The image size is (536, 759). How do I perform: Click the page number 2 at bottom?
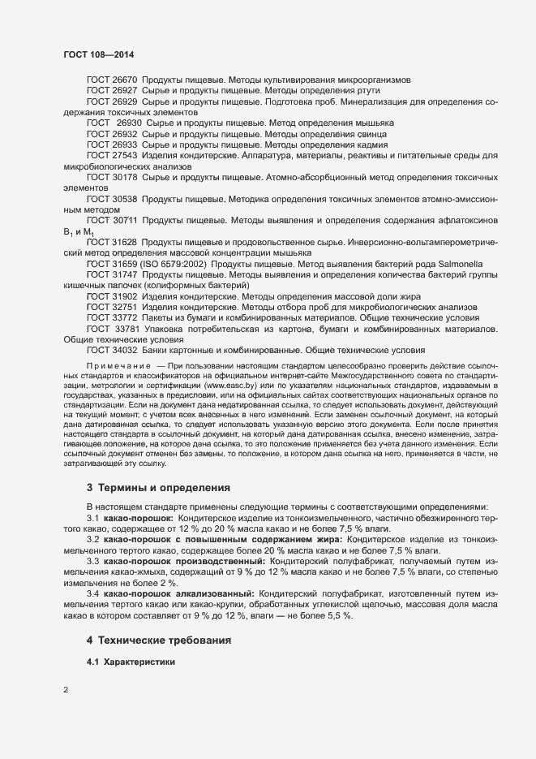pyautogui.click(x=66, y=692)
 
